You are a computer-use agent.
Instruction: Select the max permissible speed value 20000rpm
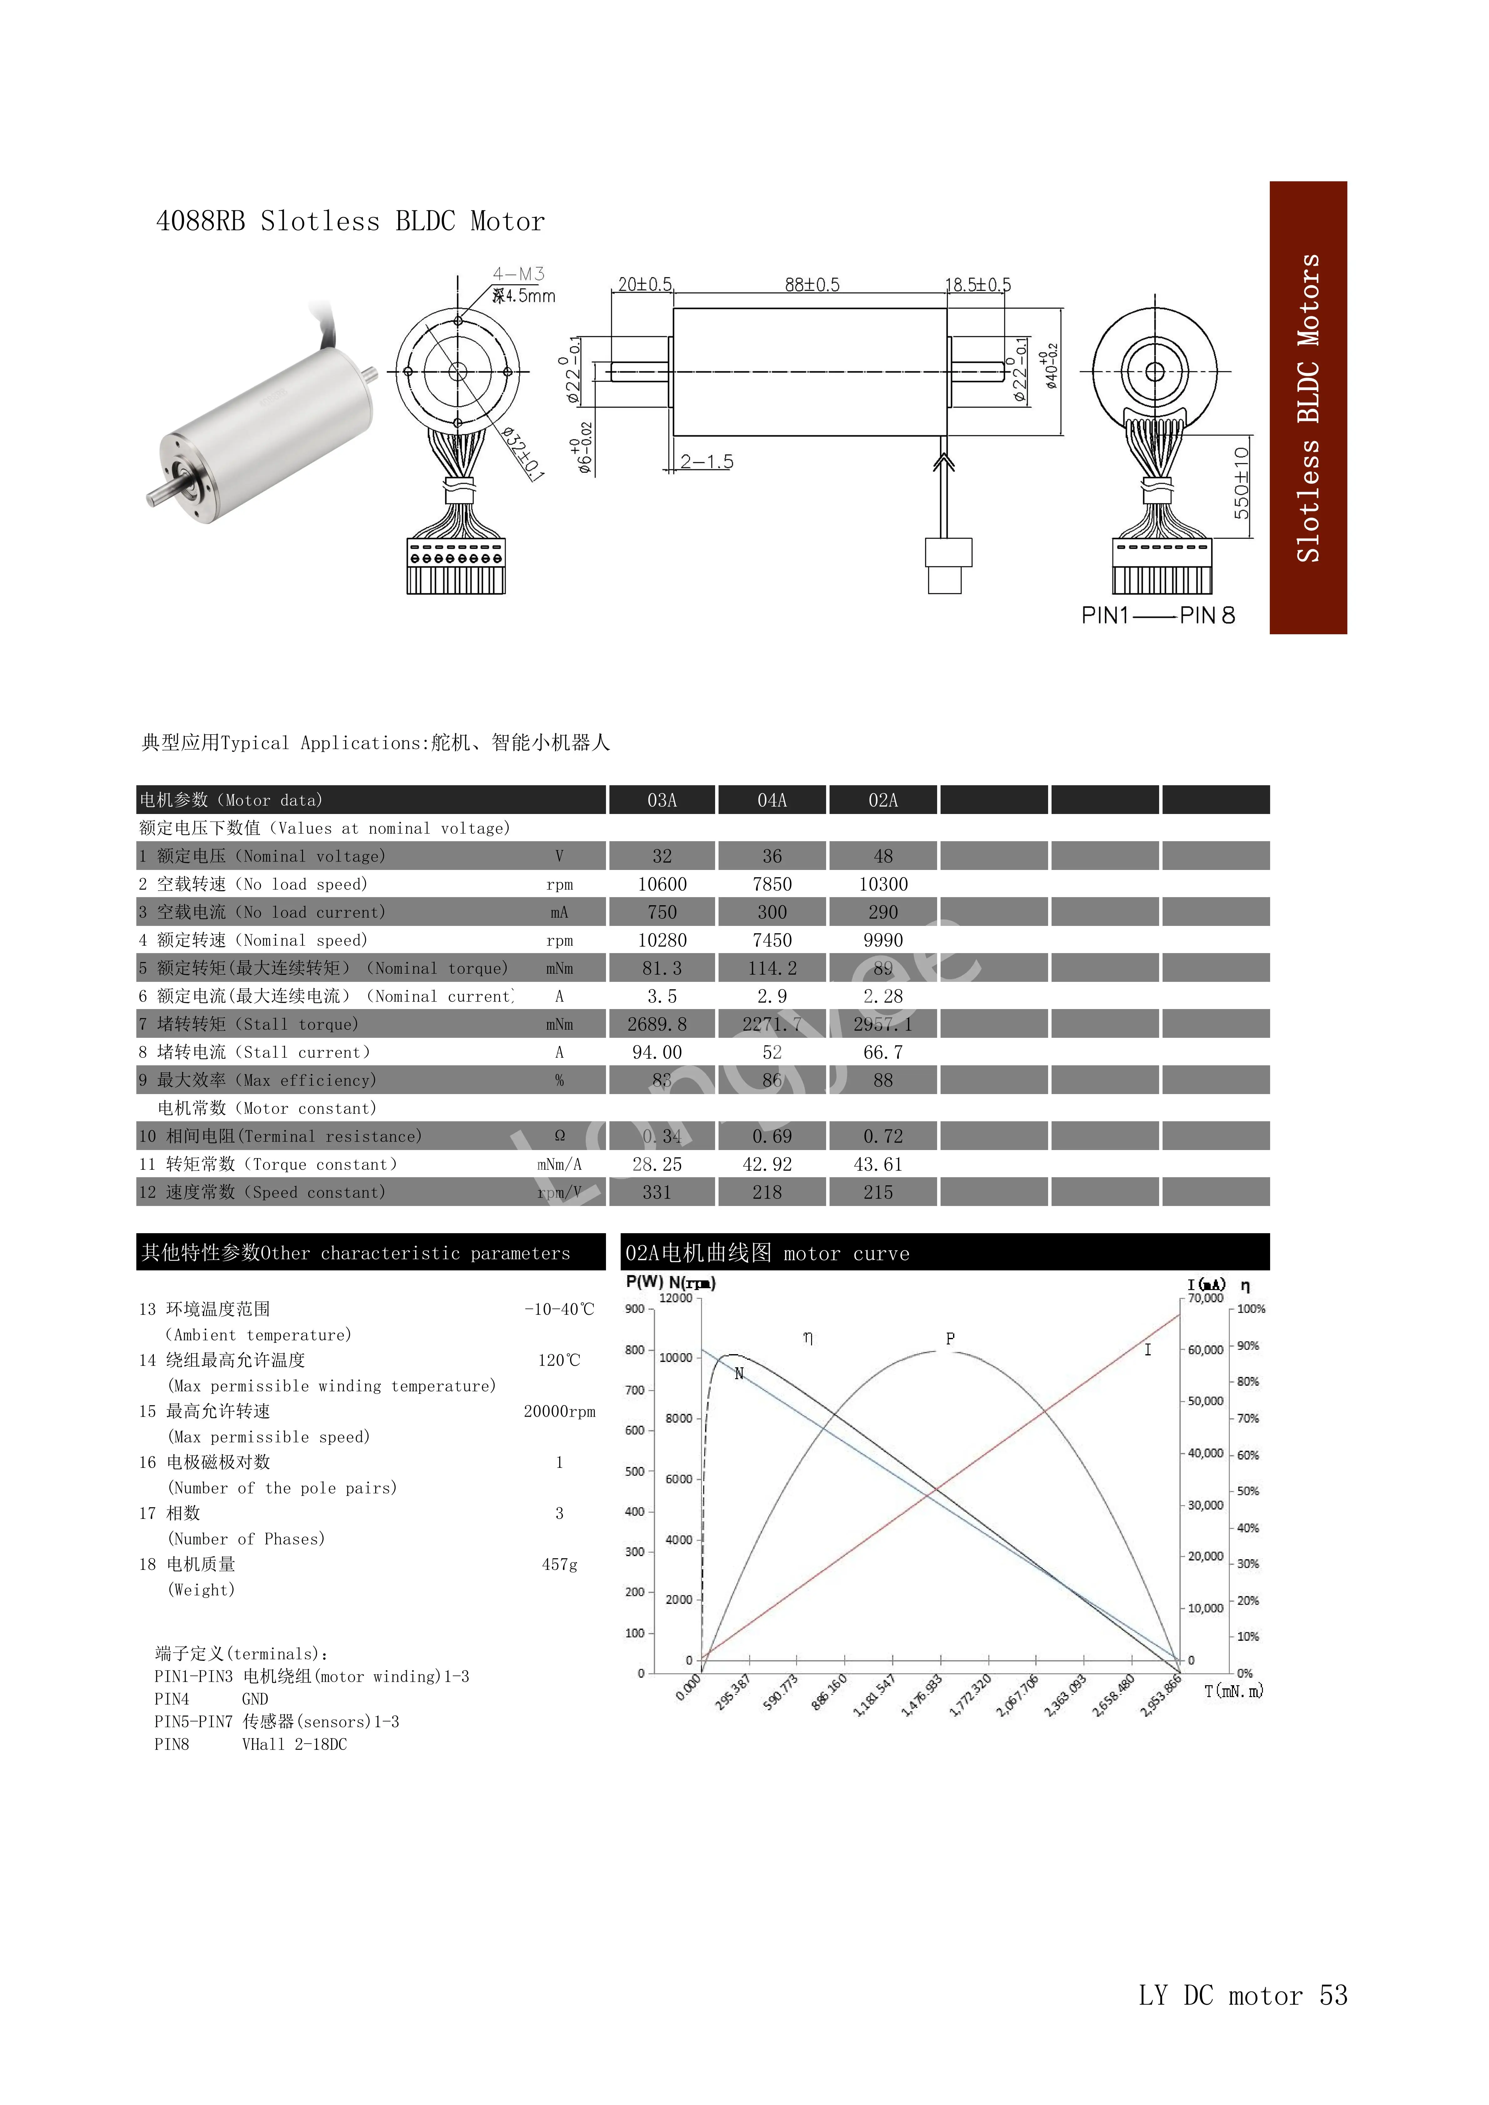[559, 1412]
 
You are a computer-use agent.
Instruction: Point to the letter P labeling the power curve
[950, 1339]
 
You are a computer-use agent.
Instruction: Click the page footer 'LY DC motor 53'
[1242, 1996]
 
